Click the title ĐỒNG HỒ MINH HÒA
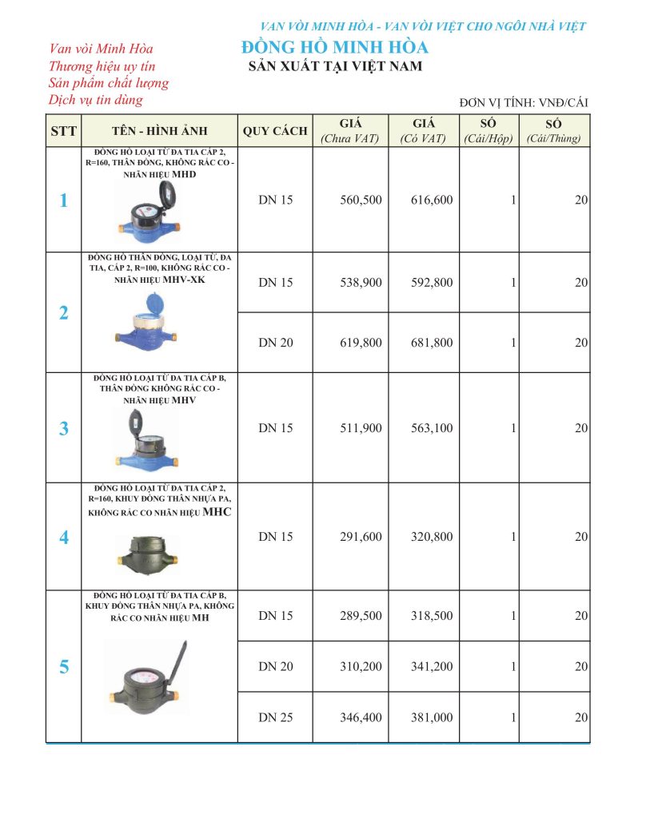pos(334,47)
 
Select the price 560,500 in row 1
pos(361,201)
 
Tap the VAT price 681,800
pos(432,343)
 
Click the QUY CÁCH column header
pos(275,131)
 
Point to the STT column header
pos(63,131)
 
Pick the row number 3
pos(64,429)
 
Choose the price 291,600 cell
pos(361,537)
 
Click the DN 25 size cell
pos(276,717)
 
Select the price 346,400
pos(361,717)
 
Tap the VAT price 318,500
pos(432,616)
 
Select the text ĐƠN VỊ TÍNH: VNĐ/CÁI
pos(524,102)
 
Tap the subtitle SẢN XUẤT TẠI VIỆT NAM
pos(335,67)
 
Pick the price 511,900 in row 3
pos(361,428)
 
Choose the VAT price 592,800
pos(432,283)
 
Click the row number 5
pos(64,666)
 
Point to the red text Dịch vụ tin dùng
pos(95,100)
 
